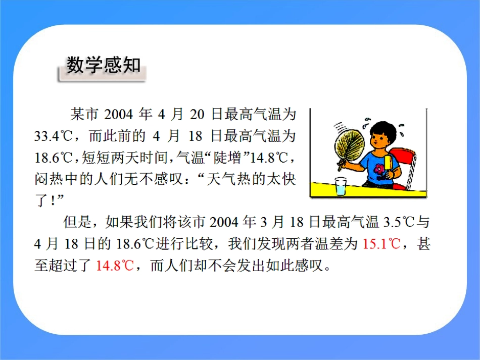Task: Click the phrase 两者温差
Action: (310, 244)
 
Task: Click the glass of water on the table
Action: (342, 187)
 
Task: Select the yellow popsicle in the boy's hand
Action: (388, 163)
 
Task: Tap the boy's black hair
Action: (382, 127)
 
